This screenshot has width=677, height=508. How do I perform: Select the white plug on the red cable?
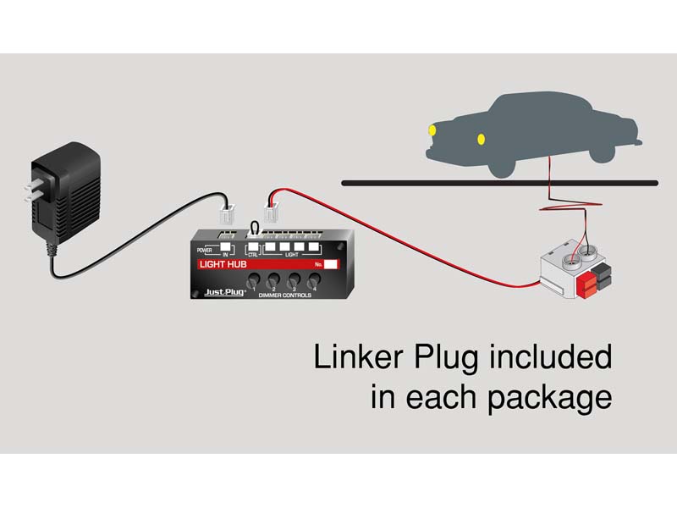tap(273, 208)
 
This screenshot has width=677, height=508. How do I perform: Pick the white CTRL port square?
tap(253, 248)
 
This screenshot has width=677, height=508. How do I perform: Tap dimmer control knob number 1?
tap(254, 281)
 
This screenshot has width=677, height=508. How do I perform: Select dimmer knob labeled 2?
tap(274, 281)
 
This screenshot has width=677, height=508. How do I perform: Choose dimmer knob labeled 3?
tap(294, 281)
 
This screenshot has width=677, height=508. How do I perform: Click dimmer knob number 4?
tap(314, 281)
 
